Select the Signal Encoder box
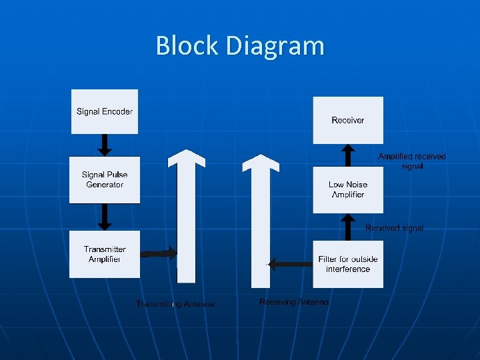click(105, 111)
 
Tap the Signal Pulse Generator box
click(105, 179)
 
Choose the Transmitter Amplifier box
click(105, 254)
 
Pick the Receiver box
click(348, 120)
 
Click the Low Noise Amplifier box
click(348, 189)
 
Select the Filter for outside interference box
click(348, 264)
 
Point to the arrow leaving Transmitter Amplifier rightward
click(159, 253)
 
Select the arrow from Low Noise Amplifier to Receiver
click(347, 155)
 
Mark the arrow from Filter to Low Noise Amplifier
click(347, 226)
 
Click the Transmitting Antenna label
click(175, 304)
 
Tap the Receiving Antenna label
click(294, 302)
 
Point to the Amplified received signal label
click(412, 161)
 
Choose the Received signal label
click(394, 228)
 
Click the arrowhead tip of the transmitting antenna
click(187, 151)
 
